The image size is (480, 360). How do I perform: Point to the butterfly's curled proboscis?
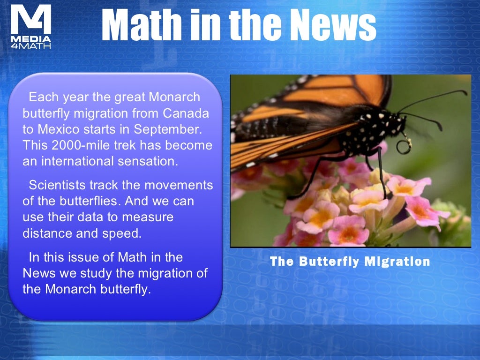pyautogui.click(x=404, y=145)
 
